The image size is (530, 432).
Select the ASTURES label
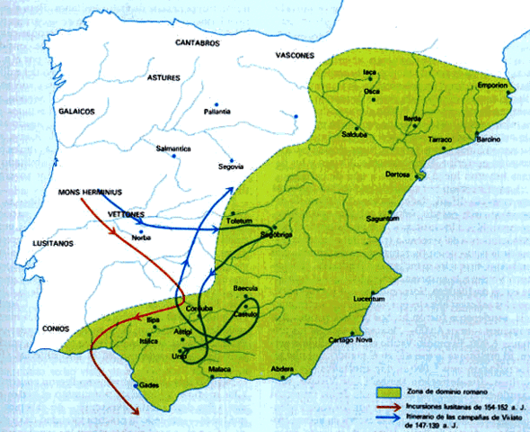(x=163, y=77)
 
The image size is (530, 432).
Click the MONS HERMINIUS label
(x=89, y=191)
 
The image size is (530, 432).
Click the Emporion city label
(x=493, y=86)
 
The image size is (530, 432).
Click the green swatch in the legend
(x=388, y=393)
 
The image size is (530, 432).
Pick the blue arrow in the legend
(x=388, y=418)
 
